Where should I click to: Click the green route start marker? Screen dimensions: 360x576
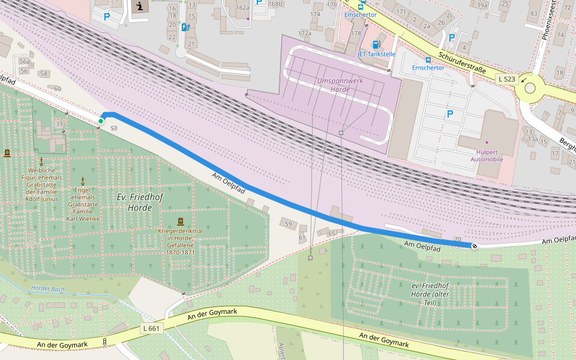click(x=101, y=121)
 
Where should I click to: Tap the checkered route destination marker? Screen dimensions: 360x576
click(x=475, y=245)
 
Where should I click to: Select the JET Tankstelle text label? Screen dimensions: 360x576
click(x=376, y=54)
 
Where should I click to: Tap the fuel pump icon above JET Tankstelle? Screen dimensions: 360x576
click(x=376, y=44)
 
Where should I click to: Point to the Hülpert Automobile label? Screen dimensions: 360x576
click(x=487, y=155)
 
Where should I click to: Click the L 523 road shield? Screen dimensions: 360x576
click(x=506, y=79)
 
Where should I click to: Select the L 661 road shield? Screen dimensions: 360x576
click(x=152, y=328)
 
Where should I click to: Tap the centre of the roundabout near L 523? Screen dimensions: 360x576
click(x=530, y=88)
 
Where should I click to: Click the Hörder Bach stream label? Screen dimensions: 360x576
click(x=47, y=289)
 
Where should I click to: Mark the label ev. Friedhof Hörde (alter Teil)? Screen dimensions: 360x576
click(x=430, y=294)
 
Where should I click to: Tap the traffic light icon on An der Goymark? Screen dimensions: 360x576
click(x=105, y=342)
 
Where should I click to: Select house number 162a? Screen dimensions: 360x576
click(x=242, y=8)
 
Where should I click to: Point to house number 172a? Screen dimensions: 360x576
click(x=304, y=33)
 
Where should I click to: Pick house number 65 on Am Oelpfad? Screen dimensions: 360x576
click(x=332, y=233)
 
